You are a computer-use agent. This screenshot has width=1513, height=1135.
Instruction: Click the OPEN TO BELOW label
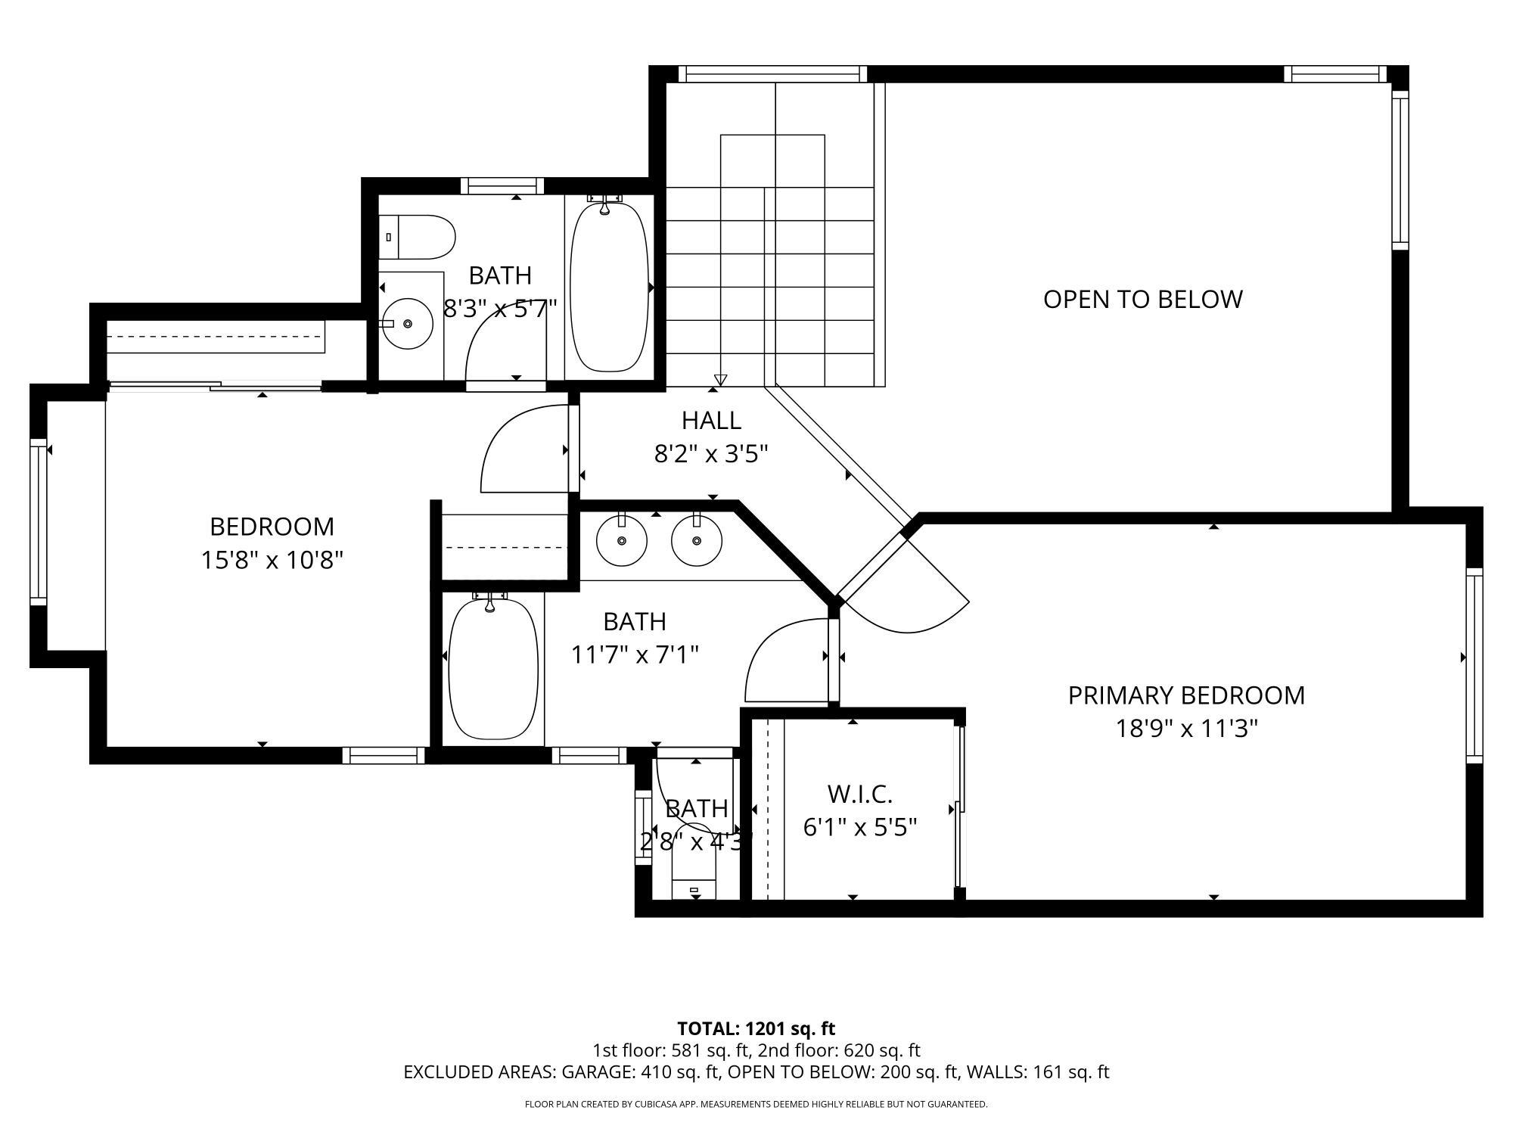pos(1142,299)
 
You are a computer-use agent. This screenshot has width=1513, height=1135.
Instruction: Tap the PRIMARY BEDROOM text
pos(1185,695)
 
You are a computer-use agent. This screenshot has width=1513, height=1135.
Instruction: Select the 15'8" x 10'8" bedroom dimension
pos(272,560)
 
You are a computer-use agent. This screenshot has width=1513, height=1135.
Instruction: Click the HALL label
pos(710,420)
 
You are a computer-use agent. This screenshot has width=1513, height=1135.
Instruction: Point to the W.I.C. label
pos(859,794)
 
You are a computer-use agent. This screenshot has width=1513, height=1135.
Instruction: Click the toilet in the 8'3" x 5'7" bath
pos(416,237)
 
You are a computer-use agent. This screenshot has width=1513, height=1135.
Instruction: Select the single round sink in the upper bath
pos(408,324)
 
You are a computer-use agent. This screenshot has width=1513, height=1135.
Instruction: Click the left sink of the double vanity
pos(621,540)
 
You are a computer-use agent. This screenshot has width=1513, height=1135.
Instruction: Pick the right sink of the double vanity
pos(696,540)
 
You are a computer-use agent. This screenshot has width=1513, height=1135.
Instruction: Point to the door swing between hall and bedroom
pos(522,450)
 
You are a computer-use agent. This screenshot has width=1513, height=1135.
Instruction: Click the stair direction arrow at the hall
pos(720,379)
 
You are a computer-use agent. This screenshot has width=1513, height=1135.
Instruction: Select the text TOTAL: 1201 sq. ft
pos(756,1028)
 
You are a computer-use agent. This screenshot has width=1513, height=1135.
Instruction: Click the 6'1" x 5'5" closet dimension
pos(859,827)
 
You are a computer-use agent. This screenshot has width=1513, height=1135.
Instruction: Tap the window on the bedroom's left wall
pos(38,521)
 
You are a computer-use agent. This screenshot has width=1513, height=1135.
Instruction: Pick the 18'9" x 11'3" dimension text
pos(1185,729)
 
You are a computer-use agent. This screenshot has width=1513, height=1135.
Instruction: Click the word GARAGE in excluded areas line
pos(598,1072)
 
